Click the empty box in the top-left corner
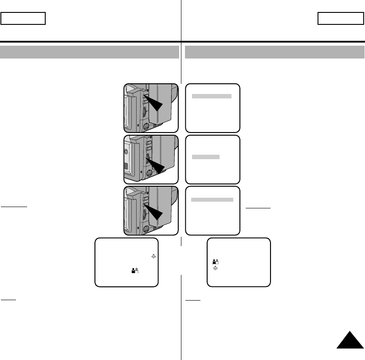(24, 19)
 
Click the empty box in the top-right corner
(341, 19)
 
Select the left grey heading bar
(89, 52)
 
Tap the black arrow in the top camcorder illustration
(156, 105)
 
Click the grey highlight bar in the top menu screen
(211, 96)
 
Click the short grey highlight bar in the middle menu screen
(205, 157)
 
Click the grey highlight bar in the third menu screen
(212, 200)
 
